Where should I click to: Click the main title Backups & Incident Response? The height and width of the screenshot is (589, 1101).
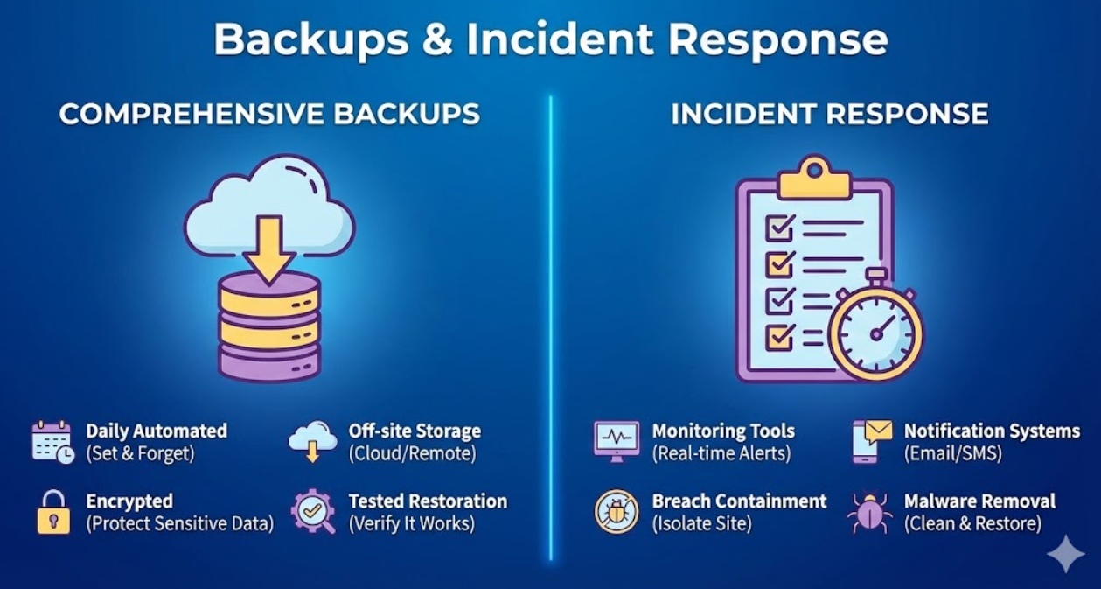[550, 39]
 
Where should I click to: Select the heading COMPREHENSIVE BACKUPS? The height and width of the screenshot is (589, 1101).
[269, 114]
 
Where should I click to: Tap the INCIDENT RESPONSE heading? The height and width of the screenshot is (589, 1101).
[830, 114]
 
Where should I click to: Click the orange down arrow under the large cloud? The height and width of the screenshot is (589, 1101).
[268, 249]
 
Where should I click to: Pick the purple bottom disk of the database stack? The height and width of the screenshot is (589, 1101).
[268, 361]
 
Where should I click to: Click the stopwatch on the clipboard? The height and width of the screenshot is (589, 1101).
[875, 330]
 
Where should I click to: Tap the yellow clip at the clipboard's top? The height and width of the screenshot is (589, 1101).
[814, 179]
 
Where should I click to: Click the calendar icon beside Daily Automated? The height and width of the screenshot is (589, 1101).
[52, 442]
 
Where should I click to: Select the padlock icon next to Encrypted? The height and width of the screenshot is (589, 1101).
[53, 512]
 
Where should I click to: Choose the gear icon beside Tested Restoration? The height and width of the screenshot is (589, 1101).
[312, 512]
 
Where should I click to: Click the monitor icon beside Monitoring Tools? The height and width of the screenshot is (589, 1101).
[617, 441]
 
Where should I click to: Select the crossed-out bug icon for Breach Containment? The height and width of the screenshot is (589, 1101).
[617, 512]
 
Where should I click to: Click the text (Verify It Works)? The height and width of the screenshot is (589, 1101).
[411, 524]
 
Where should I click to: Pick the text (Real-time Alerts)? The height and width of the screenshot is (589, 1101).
[721, 454]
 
